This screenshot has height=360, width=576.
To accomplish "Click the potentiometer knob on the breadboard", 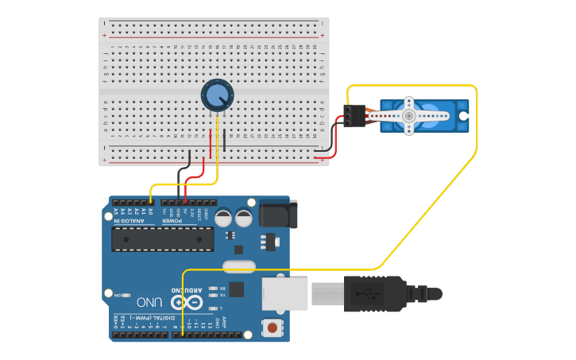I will [x=217, y=96].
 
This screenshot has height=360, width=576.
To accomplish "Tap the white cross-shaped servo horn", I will [x=408, y=116].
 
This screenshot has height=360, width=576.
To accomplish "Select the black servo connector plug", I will [x=354, y=116].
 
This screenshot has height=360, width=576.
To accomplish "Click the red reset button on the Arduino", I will [x=273, y=327].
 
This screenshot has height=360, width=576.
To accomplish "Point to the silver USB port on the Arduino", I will [x=285, y=293].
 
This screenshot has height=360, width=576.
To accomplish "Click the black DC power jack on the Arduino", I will [x=278, y=214].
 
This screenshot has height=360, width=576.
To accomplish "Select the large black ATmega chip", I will [x=162, y=239].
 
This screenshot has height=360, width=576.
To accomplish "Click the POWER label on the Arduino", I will [x=180, y=220].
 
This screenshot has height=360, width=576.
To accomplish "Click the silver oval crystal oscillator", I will [x=239, y=266].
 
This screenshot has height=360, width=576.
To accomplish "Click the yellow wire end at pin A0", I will [x=151, y=203].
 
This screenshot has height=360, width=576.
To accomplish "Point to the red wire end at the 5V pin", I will [x=185, y=203].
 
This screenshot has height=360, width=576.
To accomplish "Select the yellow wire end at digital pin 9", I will [x=184, y=334].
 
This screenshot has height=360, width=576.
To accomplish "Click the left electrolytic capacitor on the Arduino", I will [x=223, y=217].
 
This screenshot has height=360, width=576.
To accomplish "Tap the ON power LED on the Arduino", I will [x=128, y=295].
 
